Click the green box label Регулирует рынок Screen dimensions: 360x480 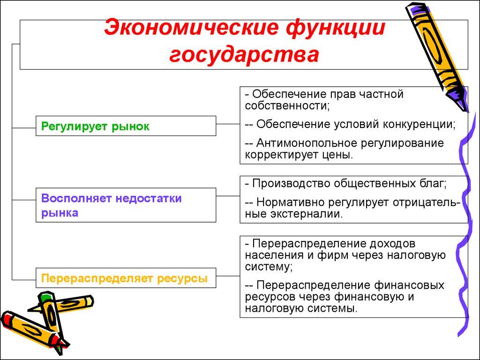tap(96, 126)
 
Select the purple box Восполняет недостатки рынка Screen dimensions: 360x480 tap(111, 205)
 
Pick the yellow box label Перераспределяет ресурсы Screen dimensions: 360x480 tap(124, 278)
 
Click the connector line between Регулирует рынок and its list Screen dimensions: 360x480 tap(228, 124)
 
